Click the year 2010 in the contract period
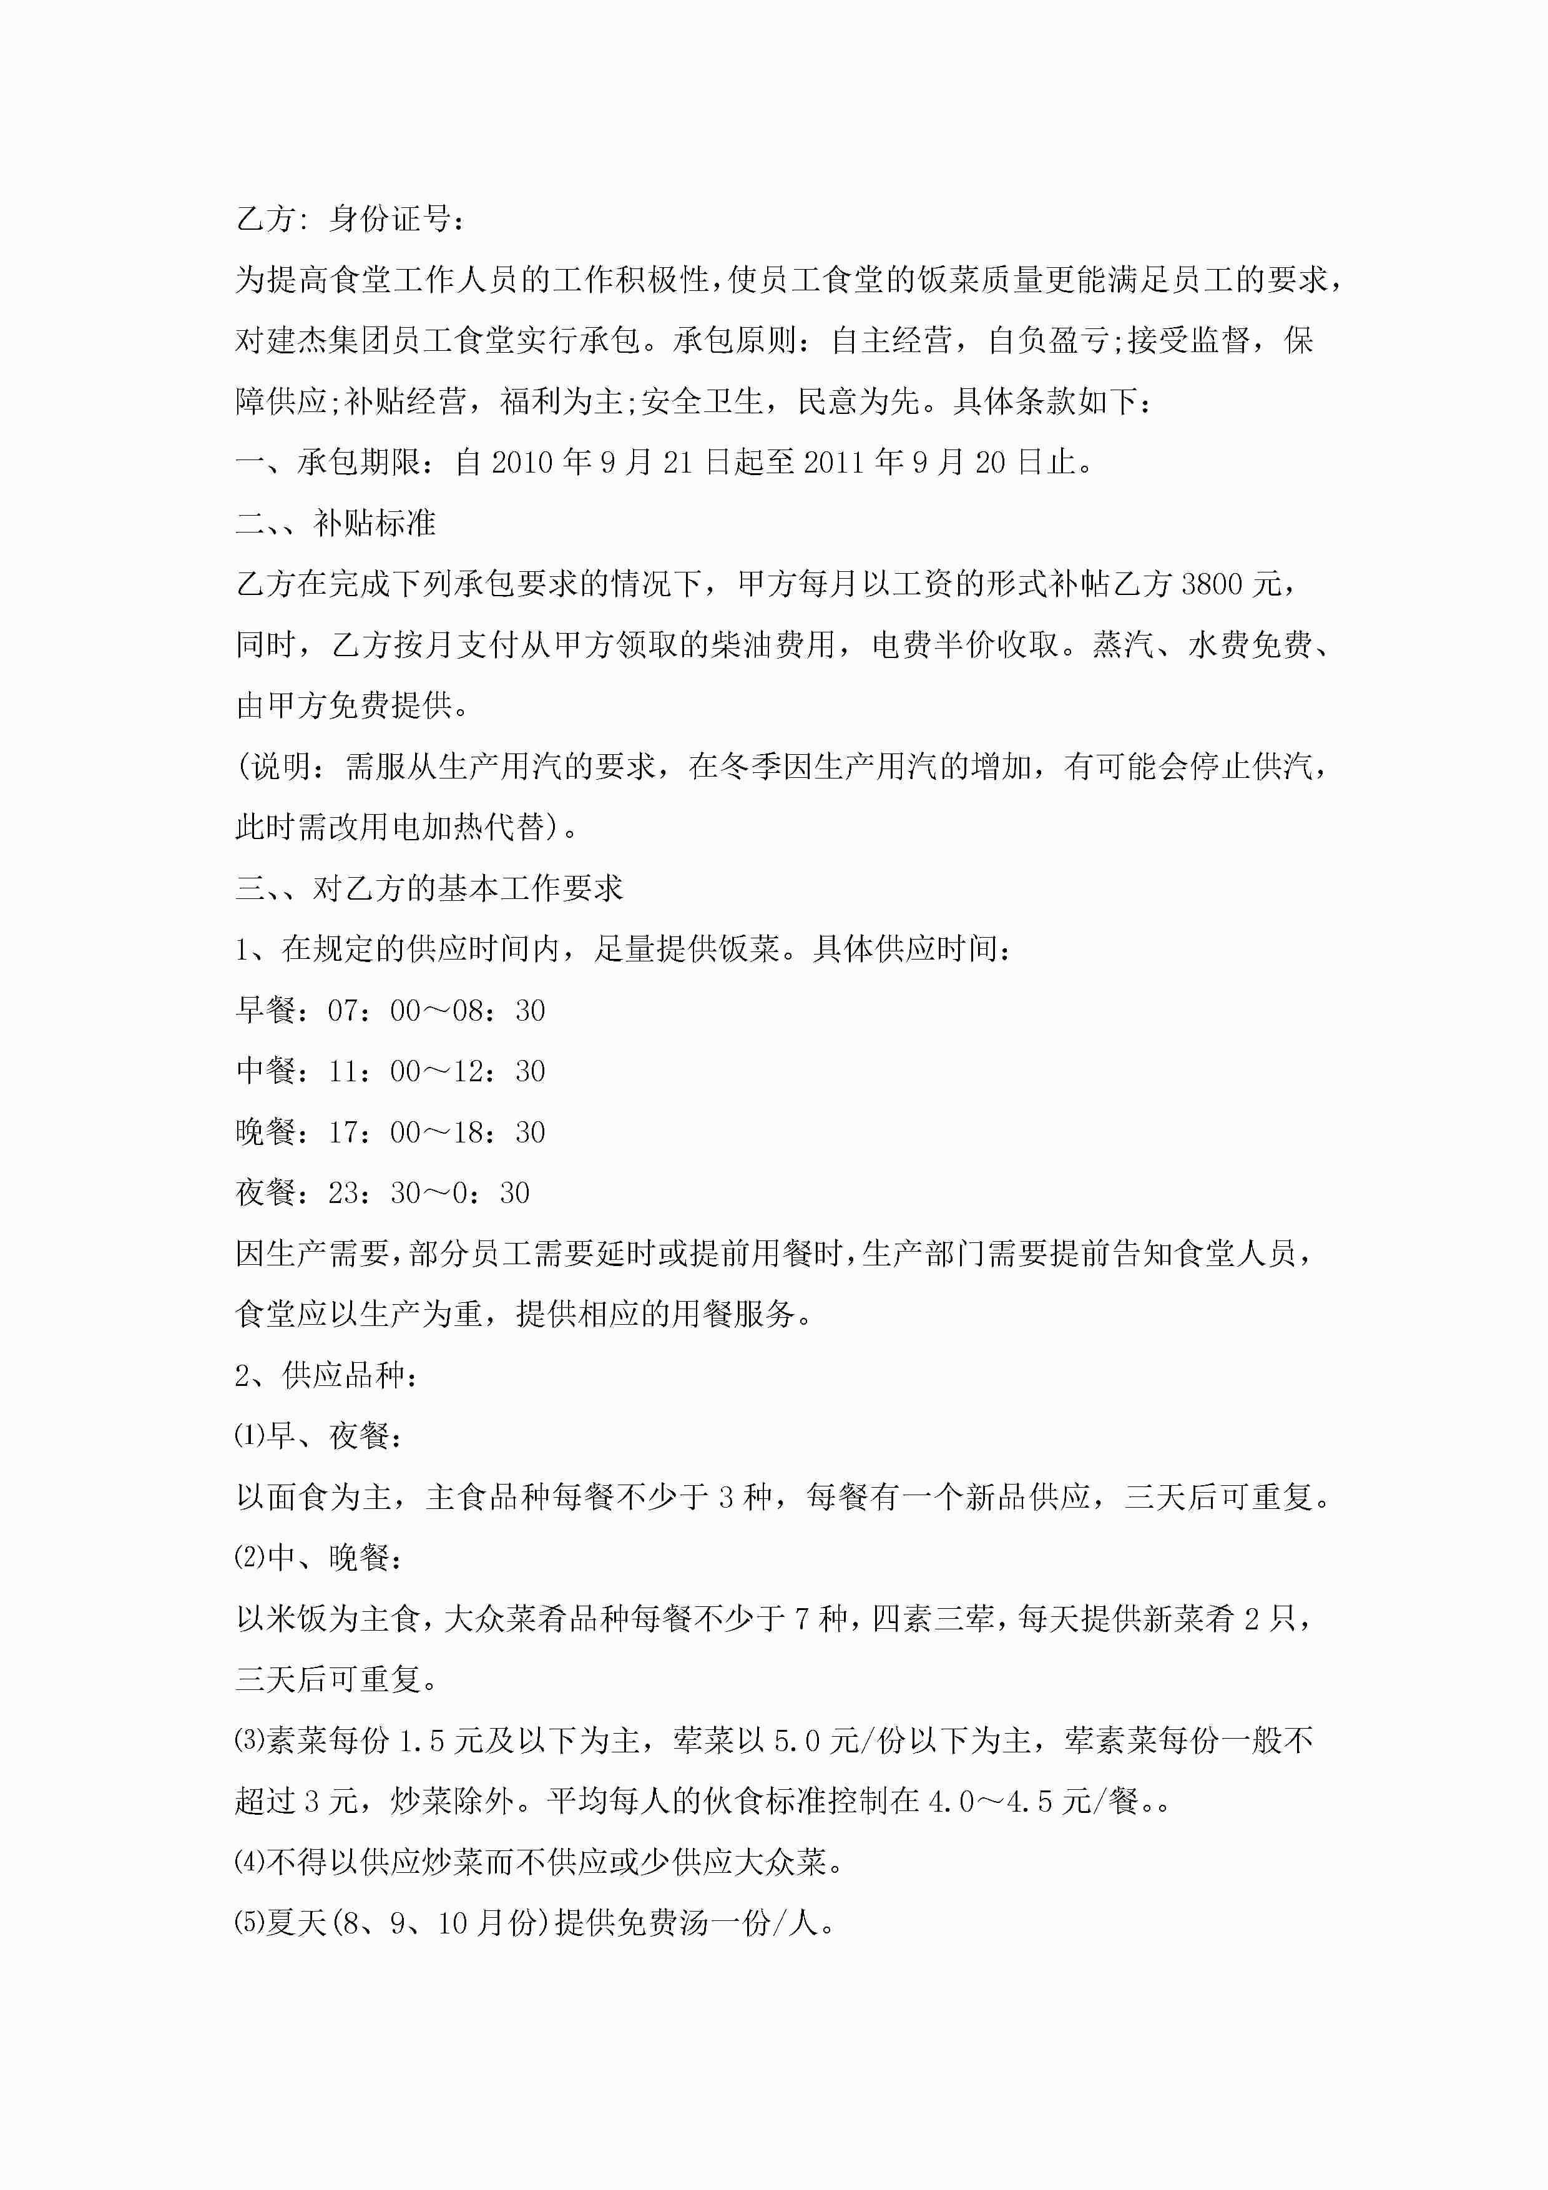click(522, 463)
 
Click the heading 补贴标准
click(375, 523)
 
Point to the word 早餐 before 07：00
click(266, 1010)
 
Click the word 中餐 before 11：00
click(266, 1071)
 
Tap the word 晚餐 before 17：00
click(266, 1132)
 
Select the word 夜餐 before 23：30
click(266, 1192)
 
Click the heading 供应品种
click(343, 1375)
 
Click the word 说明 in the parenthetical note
click(280, 766)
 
